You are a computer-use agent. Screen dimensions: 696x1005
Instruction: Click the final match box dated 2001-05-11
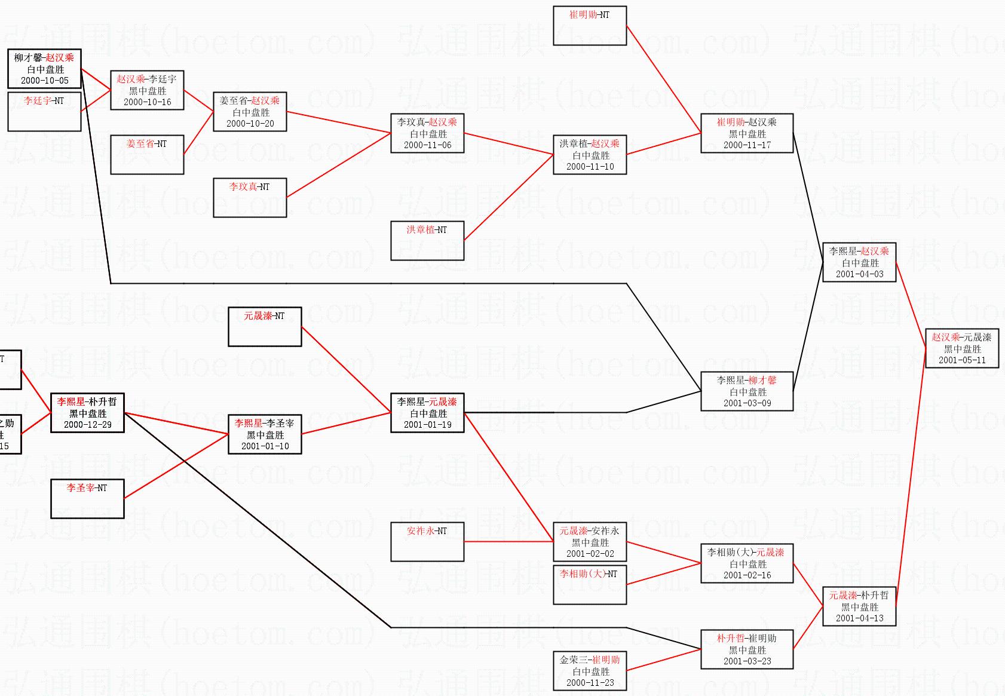click(x=961, y=348)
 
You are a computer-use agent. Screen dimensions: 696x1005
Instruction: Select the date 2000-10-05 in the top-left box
click(x=45, y=81)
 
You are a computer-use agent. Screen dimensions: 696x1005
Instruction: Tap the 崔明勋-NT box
click(x=590, y=26)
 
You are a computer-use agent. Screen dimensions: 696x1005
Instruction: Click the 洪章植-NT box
click(x=427, y=241)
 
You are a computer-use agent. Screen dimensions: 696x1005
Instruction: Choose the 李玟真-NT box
click(x=250, y=198)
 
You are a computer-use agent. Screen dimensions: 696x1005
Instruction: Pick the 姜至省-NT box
click(x=147, y=155)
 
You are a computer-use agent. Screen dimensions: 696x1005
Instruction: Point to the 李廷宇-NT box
click(x=44, y=112)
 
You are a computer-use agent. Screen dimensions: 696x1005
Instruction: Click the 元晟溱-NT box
click(x=265, y=327)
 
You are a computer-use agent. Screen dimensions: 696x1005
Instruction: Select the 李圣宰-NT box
click(x=87, y=499)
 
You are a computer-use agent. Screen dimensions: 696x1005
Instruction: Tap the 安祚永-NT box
click(x=427, y=542)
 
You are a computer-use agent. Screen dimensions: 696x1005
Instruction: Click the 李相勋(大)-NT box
click(x=590, y=585)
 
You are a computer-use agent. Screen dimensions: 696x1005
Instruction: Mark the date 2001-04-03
click(x=859, y=274)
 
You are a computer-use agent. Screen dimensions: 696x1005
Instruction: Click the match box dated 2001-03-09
click(x=747, y=391)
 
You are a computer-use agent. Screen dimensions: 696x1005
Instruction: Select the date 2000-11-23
click(x=590, y=683)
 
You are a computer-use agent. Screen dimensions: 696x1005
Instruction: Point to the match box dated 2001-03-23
click(x=747, y=649)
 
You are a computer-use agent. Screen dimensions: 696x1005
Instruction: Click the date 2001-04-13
click(x=859, y=618)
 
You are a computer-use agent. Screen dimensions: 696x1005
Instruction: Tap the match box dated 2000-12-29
click(x=87, y=413)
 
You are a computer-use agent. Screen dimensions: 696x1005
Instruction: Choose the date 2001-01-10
click(x=265, y=446)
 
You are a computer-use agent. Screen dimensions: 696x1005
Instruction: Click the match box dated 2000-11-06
click(x=427, y=133)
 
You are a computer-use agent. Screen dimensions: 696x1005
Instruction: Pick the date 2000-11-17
click(x=747, y=145)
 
